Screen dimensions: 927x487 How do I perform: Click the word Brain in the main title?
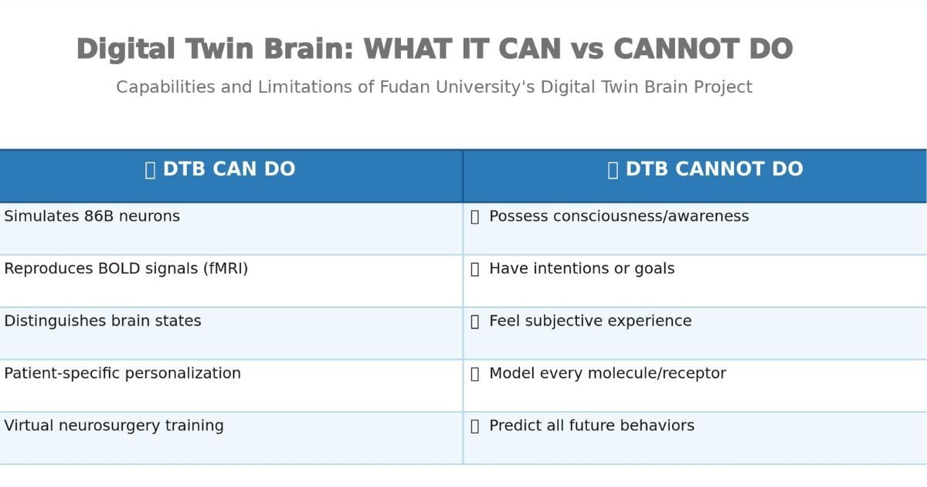tap(308, 49)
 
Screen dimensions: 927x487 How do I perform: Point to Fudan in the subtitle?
tap(405, 87)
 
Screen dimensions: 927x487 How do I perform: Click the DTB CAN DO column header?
tap(229, 169)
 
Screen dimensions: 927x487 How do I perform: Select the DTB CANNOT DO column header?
tap(715, 169)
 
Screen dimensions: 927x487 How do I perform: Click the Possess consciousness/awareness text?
tap(619, 216)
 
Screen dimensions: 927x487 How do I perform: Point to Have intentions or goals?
tap(582, 269)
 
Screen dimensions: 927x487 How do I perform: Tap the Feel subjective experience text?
tap(590, 321)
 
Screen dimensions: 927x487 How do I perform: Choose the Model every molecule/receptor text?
tap(607, 373)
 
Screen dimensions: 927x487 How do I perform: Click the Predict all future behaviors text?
tap(592, 426)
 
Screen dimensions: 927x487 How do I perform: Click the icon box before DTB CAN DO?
tap(150, 170)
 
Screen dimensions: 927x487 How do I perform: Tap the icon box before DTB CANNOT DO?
tap(613, 170)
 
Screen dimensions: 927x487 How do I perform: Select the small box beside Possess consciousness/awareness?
tap(475, 217)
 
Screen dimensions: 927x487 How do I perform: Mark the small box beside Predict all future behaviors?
tap(475, 427)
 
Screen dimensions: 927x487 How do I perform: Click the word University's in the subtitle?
tap(485, 87)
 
